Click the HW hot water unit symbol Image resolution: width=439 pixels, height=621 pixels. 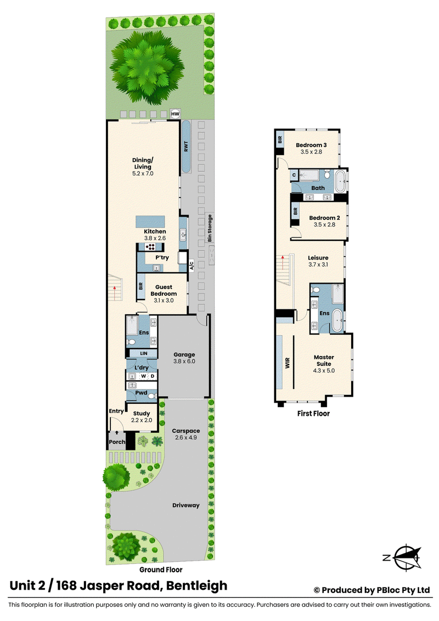click(175, 114)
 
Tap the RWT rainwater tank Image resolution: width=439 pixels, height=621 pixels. click(186, 146)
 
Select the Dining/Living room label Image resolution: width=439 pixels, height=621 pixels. click(143, 166)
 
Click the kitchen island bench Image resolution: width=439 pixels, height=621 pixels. click(150, 222)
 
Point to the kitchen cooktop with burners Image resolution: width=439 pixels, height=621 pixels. click(150, 247)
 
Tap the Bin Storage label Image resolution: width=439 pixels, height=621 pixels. click(210, 228)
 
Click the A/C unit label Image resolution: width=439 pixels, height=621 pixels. click(192, 266)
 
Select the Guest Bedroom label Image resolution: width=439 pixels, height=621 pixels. click(164, 290)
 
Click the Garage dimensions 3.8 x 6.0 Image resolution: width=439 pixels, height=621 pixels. click(184, 361)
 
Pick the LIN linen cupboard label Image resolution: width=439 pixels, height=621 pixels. click(143, 353)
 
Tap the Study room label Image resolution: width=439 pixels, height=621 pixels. click(142, 413)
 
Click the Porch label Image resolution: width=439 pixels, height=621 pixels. click(117, 442)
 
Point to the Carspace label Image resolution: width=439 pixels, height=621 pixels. click(186, 431)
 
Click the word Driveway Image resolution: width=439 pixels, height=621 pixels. click(186, 505)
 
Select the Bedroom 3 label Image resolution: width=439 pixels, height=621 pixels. click(311, 145)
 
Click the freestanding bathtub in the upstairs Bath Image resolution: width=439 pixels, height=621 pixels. click(341, 181)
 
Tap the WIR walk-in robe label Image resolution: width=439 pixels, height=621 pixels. click(287, 363)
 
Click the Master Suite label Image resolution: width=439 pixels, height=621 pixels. click(324, 360)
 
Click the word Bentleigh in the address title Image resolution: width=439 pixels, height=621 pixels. click(196, 586)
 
